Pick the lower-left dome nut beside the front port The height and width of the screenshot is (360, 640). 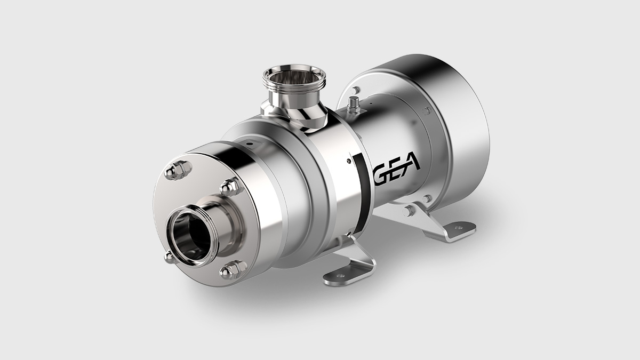point(169,258)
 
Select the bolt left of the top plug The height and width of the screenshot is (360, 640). point(356,91)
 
